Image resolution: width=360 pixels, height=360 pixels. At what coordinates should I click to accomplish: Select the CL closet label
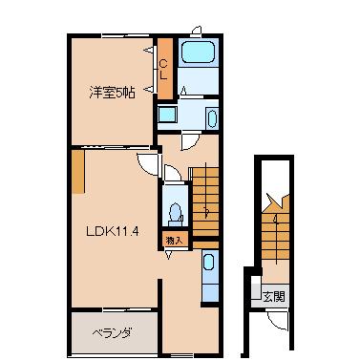(x=163, y=68)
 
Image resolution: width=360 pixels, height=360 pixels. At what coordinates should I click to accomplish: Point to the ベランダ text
(x=112, y=333)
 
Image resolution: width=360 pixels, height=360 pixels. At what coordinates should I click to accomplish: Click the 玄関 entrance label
(x=273, y=296)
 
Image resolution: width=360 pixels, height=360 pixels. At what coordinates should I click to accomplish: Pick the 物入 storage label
(x=173, y=240)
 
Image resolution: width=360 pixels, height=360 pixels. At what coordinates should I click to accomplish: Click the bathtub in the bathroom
(x=200, y=65)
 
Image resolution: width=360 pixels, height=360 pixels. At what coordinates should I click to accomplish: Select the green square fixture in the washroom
(x=167, y=116)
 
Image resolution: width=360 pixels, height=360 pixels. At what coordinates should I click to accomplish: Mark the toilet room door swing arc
(x=173, y=173)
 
